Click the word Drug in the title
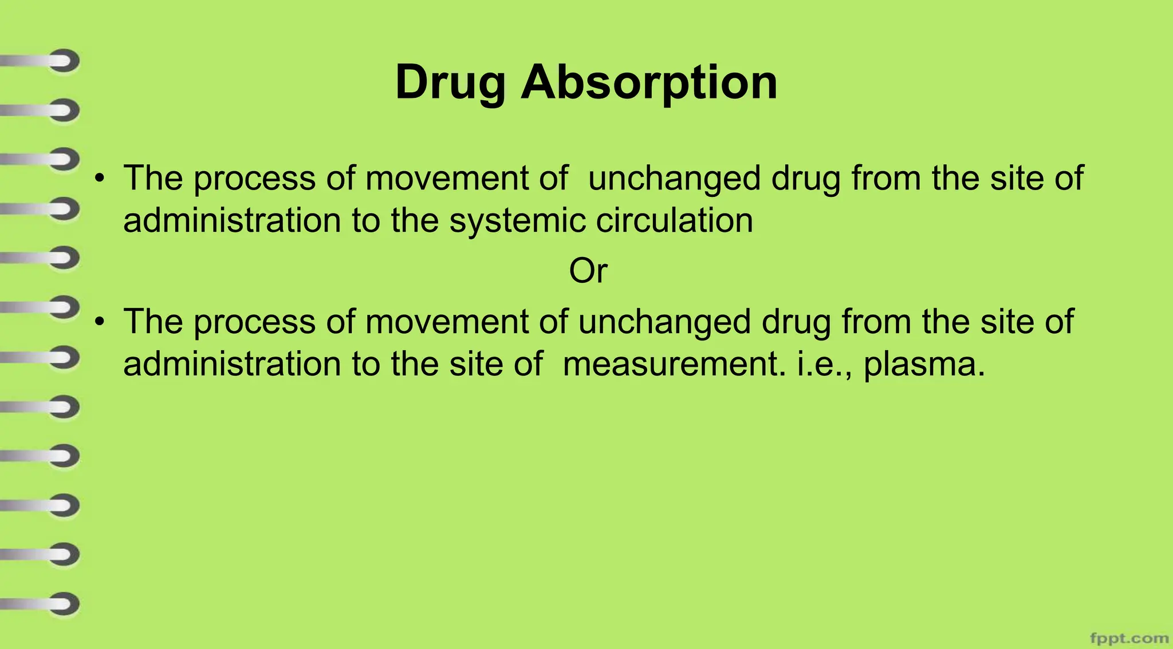(450, 84)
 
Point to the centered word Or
(588, 271)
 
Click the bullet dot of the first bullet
(101, 178)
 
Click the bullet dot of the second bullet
(101, 322)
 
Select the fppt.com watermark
(1129, 638)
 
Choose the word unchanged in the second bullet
(664, 322)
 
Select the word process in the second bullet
(254, 322)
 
